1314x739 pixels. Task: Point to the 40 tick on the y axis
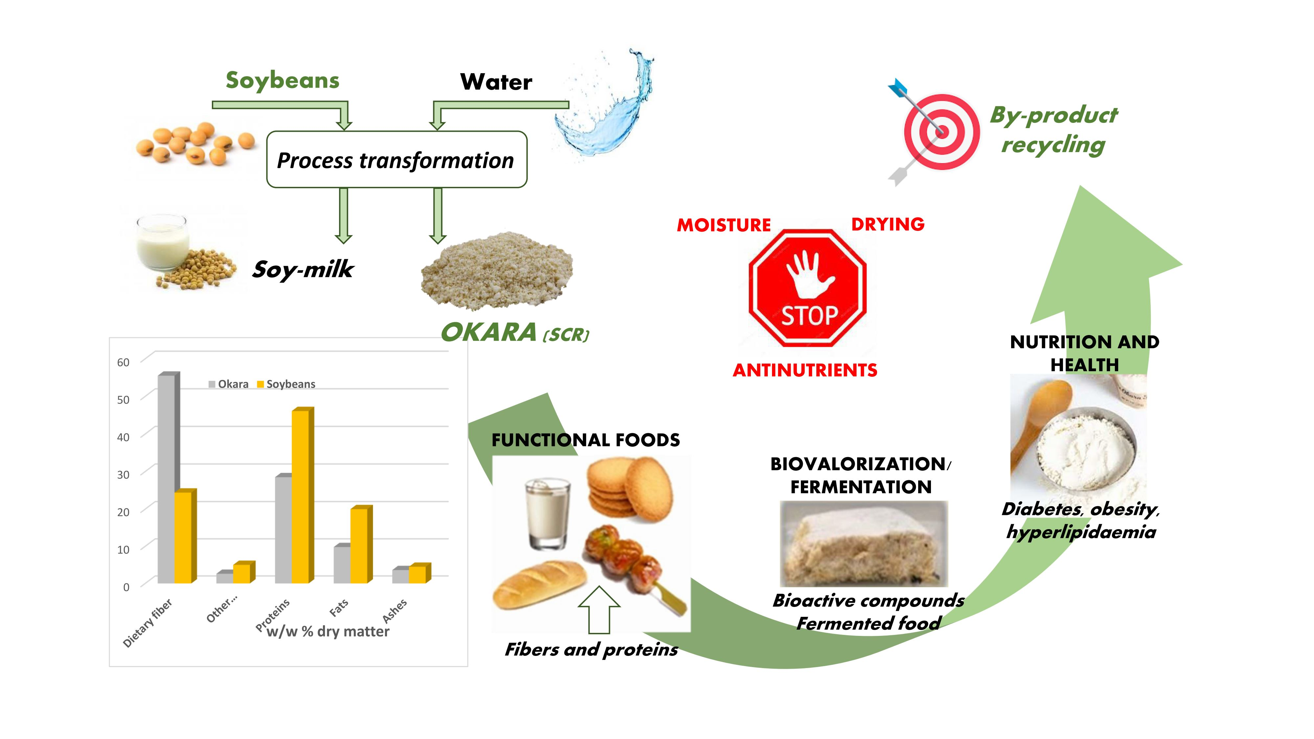[124, 437]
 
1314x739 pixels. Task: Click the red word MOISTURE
[724, 225]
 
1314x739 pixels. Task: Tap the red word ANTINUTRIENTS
[805, 370]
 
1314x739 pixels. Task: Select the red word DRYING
[888, 224]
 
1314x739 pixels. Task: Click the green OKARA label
[489, 332]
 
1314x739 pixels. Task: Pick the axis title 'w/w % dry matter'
[328, 631]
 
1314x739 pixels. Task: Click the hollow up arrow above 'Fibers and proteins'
[600, 610]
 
